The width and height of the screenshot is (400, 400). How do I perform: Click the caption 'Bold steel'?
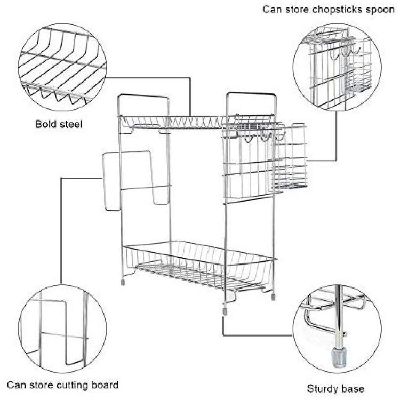(x=59, y=125)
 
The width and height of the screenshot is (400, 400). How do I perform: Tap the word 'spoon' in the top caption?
(x=380, y=10)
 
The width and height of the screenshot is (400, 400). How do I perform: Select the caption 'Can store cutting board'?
(x=63, y=385)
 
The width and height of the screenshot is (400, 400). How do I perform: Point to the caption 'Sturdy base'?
(x=335, y=388)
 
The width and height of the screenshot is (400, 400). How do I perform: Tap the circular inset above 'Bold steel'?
(x=62, y=66)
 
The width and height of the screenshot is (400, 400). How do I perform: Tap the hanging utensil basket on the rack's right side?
(x=291, y=157)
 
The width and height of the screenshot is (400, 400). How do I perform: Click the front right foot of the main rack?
(x=225, y=309)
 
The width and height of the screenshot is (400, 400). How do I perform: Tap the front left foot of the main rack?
(x=123, y=281)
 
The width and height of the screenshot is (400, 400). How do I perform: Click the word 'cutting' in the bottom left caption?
(x=74, y=385)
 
